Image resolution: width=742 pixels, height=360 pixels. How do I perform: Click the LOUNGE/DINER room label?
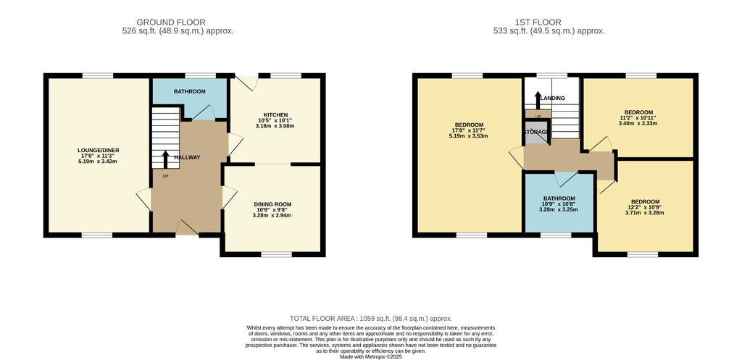point(99,150)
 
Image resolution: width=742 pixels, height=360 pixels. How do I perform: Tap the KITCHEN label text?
point(276,115)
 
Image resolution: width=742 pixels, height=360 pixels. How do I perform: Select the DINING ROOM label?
point(274,204)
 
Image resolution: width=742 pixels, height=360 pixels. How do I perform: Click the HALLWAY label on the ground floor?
point(187,157)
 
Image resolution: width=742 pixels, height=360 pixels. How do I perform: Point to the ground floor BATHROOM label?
point(189,91)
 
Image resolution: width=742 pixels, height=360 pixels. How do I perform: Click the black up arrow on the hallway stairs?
point(166,160)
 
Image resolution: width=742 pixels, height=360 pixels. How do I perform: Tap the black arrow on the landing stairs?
point(538,100)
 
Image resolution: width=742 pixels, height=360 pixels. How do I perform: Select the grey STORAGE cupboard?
point(537,133)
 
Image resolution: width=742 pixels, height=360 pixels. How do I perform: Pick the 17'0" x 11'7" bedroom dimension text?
point(468,130)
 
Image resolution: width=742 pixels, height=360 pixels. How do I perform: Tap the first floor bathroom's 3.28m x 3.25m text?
point(559,209)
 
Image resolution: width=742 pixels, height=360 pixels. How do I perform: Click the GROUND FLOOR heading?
point(171,22)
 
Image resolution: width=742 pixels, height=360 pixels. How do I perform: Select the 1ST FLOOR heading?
point(538,22)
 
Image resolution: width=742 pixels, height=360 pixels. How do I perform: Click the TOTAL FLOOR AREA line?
point(371,319)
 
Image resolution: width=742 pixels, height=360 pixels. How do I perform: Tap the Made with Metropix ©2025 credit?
point(371,356)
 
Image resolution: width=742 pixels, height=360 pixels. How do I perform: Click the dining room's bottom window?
point(276,254)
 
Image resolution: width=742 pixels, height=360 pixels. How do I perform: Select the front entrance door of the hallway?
point(187,228)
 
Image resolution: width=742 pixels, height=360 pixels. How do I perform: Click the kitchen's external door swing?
point(246,83)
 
